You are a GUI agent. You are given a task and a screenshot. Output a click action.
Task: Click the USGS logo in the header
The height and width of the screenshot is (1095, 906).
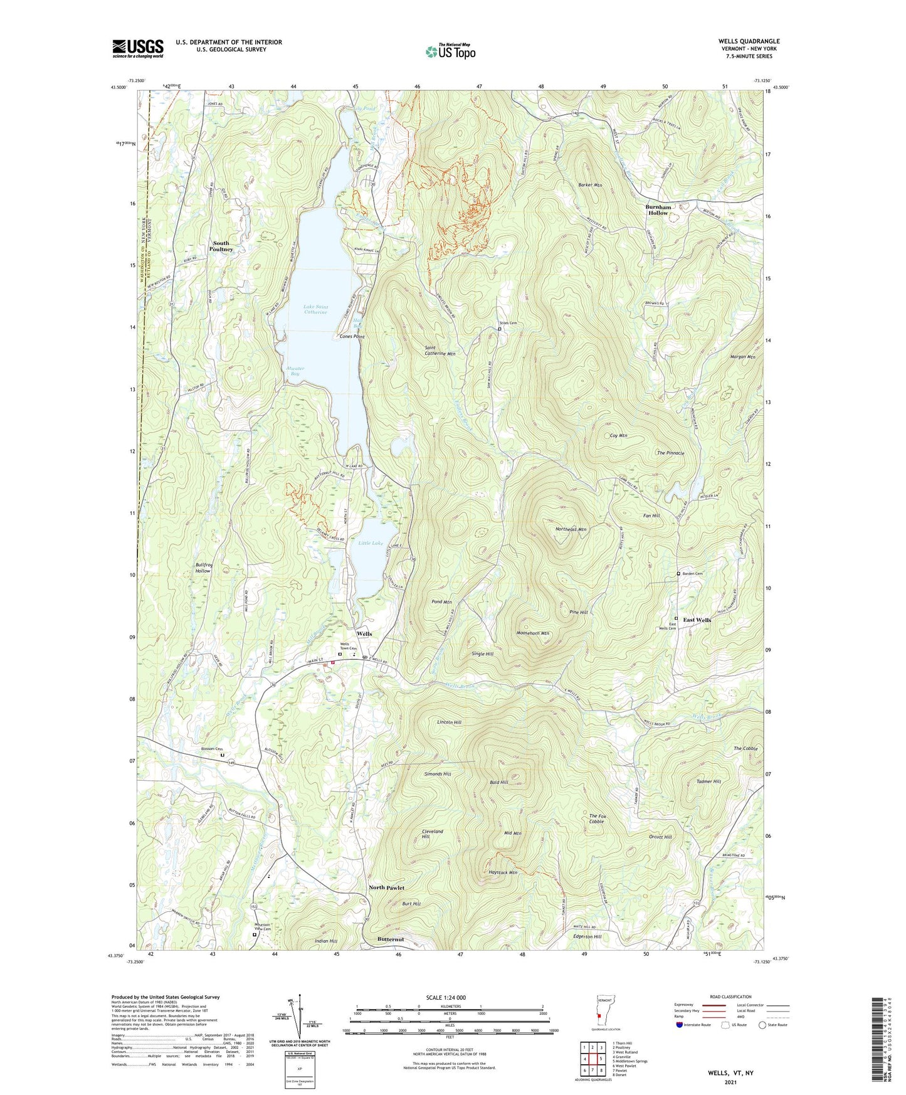[137, 48]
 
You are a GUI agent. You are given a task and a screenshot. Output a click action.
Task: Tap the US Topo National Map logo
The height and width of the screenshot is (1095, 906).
[450, 51]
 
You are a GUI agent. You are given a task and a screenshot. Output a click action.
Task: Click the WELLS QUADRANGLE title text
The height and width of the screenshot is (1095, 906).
[749, 41]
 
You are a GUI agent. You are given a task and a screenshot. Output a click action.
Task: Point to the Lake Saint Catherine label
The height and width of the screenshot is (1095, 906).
[315, 309]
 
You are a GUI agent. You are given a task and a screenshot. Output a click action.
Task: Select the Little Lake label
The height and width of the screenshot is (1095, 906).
[371, 543]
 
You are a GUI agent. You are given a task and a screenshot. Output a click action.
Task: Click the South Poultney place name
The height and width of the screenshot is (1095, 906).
[222, 246]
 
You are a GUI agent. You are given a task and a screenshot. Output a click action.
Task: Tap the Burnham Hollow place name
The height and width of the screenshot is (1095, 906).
[658, 209]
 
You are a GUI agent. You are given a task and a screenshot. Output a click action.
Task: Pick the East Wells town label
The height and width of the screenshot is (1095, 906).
[697, 620]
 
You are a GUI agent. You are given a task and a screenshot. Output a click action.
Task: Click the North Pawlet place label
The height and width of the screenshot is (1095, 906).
[386, 887]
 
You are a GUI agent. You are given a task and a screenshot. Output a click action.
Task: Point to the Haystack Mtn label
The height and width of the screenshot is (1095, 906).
[503, 872]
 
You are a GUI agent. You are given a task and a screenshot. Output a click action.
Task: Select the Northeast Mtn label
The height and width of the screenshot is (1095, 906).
[571, 529]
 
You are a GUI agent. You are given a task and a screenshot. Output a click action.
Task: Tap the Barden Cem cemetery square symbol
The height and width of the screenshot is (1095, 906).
[678, 573]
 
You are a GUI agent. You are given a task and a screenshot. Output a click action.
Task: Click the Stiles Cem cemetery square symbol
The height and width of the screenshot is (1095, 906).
[499, 328]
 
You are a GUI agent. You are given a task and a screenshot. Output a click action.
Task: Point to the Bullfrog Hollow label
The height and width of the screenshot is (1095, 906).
[203, 568]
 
